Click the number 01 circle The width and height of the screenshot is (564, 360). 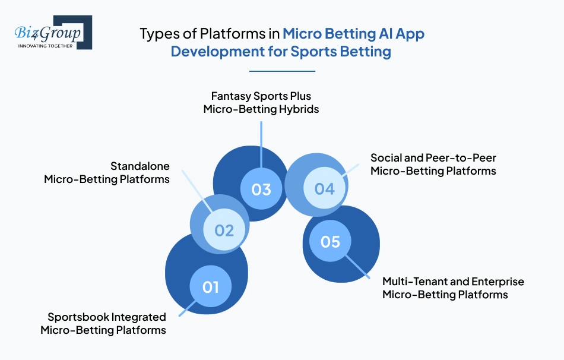[x=211, y=287]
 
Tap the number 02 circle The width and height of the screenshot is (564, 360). [x=224, y=230]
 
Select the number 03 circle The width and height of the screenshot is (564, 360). [x=261, y=189]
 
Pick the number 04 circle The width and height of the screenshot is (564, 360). [x=325, y=189]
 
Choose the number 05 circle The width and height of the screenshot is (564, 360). [x=330, y=242]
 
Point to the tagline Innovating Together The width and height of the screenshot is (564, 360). [x=45, y=45]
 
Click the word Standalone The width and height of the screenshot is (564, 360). [x=140, y=166]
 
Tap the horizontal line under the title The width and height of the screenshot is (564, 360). [x=281, y=71]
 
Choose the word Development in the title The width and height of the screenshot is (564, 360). [x=212, y=51]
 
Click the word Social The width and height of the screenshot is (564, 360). [x=386, y=158]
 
